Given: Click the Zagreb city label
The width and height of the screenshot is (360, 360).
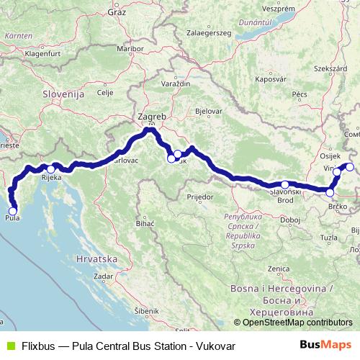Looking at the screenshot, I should (x=151, y=116).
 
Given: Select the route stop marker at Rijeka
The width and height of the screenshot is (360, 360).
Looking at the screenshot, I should (x=51, y=169).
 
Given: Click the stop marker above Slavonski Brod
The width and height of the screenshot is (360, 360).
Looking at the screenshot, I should (x=285, y=184).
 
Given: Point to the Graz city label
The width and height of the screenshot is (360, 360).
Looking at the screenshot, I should (x=116, y=12).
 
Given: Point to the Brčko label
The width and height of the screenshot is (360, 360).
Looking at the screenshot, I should (x=338, y=206).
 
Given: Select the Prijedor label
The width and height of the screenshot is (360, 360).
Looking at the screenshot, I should (x=197, y=195).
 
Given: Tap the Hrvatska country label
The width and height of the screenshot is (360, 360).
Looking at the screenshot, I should (x=96, y=257).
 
